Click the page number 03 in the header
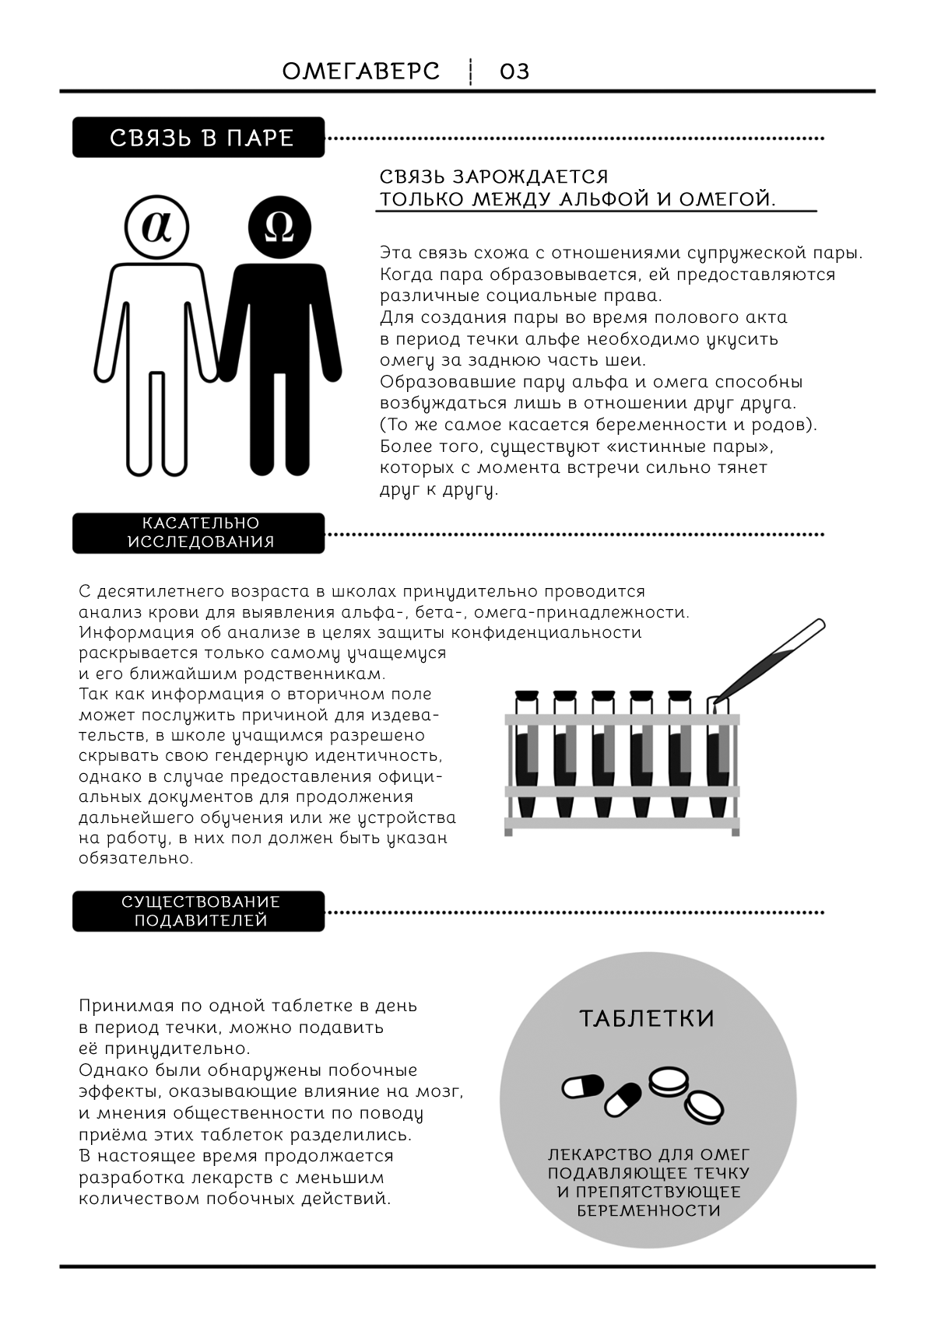coord(514,72)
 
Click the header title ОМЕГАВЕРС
coord(361,72)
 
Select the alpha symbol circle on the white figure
coord(157,228)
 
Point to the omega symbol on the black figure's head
coord(279,228)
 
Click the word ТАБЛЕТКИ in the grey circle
coord(647,1019)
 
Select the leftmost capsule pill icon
coord(583,1087)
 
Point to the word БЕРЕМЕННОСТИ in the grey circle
coord(648,1211)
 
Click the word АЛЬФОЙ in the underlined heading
coord(604,199)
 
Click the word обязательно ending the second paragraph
coord(135,859)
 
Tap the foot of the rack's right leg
coord(735,832)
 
